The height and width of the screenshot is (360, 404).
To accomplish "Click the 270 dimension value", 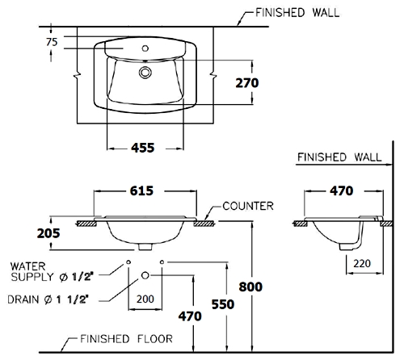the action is (x=247, y=83).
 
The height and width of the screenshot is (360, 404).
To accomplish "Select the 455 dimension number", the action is (x=143, y=148).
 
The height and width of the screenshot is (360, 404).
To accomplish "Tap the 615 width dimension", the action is (x=141, y=190).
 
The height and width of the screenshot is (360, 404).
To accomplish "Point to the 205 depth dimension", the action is (x=48, y=233).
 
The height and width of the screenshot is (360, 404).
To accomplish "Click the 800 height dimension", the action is (x=250, y=287).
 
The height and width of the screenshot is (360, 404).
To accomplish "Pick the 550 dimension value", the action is (x=223, y=304).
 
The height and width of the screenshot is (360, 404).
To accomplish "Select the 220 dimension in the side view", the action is (x=362, y=263).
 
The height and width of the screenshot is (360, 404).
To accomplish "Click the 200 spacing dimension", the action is (x=145, y=299).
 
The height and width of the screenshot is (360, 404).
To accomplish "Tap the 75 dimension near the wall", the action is (x=52, y=42).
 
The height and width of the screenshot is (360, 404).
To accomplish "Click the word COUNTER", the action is (x=248, y=206).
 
